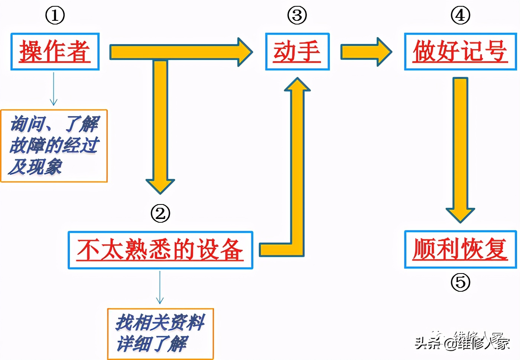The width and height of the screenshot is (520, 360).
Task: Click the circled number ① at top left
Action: (55, 16)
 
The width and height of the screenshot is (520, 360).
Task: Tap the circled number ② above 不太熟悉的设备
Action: (160, 213)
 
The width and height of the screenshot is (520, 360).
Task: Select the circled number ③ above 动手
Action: (297, 16)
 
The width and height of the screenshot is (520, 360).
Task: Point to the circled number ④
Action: (460, 16)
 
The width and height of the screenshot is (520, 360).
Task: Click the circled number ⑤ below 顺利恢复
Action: (460, 282)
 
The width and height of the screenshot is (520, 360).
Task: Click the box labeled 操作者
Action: (55, 52)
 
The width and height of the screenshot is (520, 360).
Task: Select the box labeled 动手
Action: (297, 52)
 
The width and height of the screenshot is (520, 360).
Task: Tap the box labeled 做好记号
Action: (460, 52)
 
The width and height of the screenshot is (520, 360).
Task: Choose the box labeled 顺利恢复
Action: (460, 249)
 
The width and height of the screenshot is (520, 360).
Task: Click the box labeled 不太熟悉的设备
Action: (160, 250)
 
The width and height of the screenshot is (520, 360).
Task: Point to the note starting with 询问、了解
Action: (54, 145)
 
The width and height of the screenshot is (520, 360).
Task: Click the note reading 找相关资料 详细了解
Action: (160, 334)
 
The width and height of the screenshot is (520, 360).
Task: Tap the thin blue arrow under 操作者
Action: (54, 89)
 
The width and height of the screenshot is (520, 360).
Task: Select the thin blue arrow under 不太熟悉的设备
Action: (160, 288)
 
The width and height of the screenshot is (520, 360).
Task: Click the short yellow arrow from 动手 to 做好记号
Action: (366, 52)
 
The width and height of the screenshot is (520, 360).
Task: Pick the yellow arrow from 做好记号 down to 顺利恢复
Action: (460, 148)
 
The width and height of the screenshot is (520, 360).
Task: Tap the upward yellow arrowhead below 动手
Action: (297, 85)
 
